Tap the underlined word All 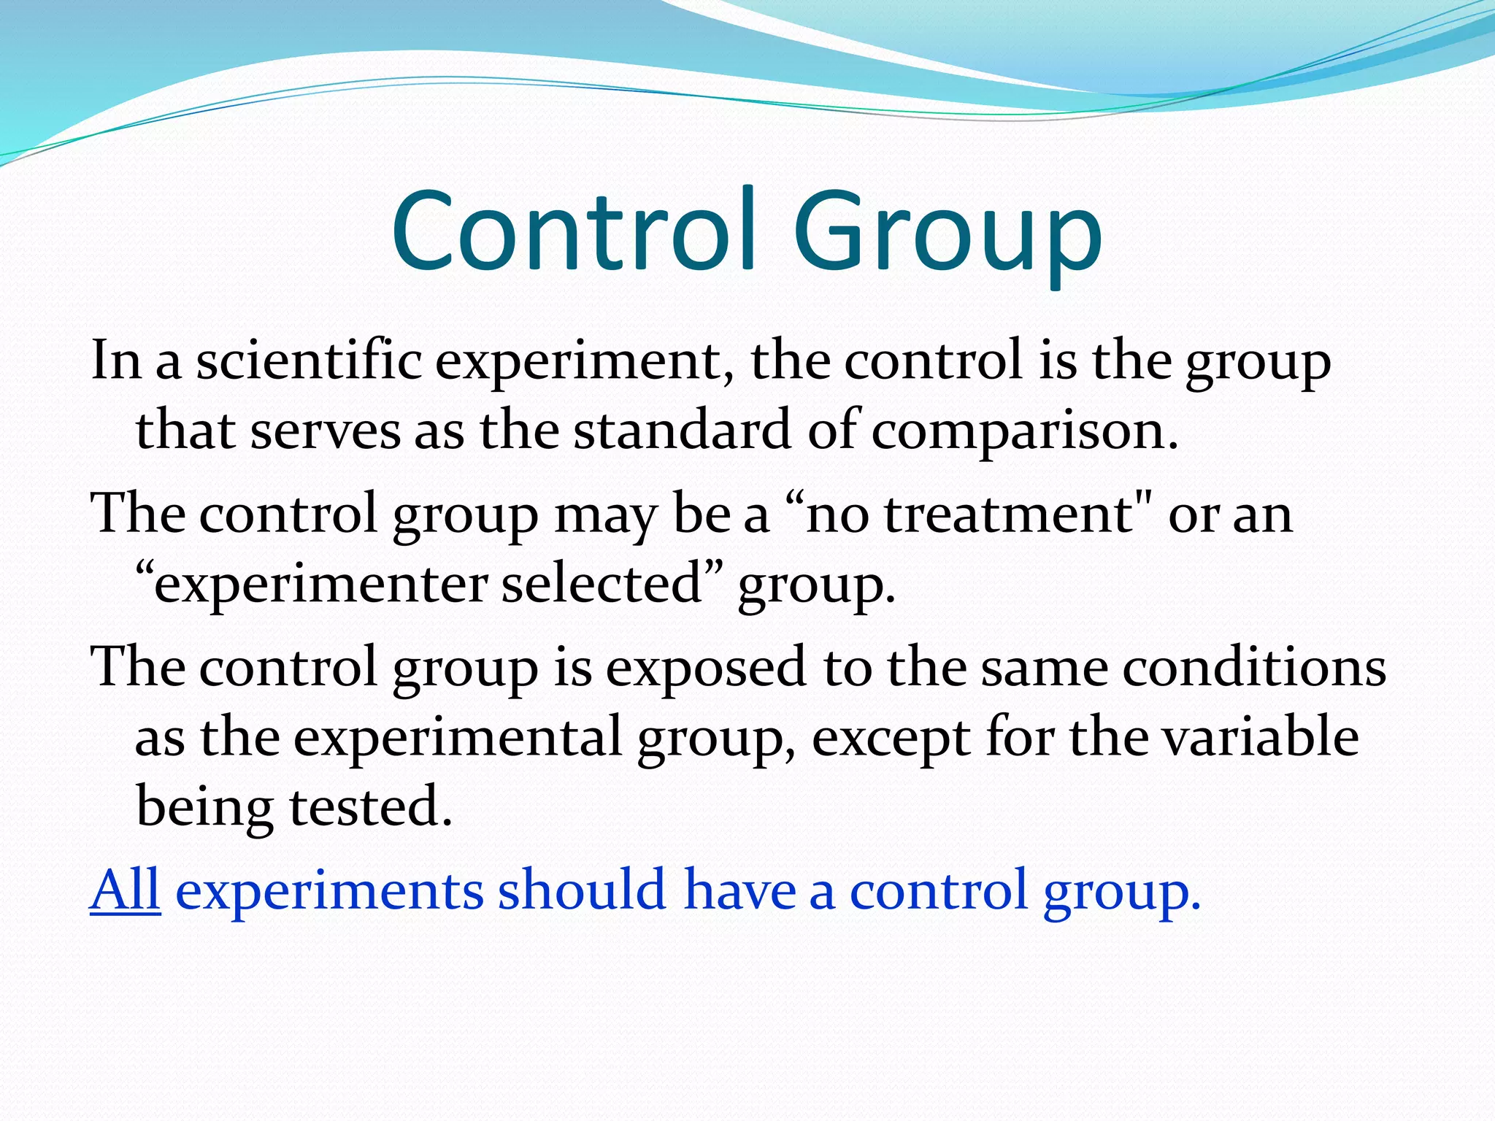coord(125,890)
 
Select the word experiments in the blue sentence coord(329,891)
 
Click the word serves coord(325,431)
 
